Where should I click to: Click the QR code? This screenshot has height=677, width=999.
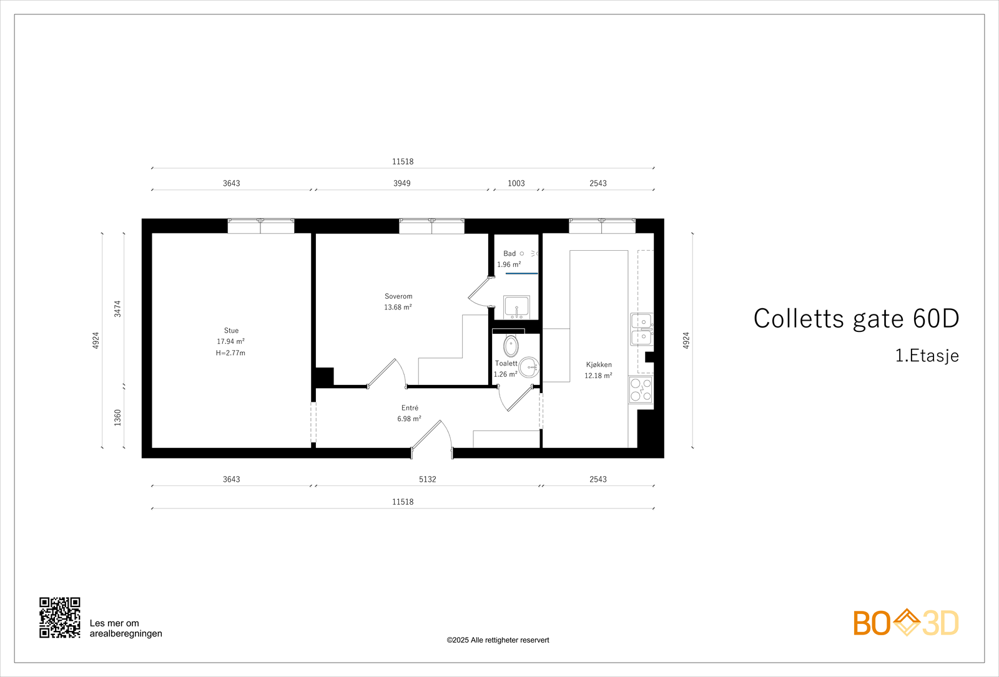60,618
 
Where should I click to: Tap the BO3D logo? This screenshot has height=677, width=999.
905,623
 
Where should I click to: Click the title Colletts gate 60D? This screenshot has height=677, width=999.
855,318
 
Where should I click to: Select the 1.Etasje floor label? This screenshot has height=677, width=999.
927,356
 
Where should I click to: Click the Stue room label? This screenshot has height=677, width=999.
231,331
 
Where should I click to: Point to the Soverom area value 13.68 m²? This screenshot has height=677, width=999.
398,308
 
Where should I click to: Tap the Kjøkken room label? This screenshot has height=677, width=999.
599,364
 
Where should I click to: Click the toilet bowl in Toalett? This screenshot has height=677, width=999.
511,345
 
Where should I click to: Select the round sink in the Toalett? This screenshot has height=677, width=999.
529,367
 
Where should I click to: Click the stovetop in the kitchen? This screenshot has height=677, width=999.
641,389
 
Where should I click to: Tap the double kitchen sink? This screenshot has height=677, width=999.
641,329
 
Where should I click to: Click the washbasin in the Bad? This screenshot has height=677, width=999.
516,307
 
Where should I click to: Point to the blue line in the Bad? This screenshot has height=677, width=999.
522,273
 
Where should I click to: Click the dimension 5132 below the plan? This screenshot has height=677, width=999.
428,479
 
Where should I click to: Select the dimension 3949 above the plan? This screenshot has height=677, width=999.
401,183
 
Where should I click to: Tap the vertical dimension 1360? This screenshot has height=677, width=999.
117,417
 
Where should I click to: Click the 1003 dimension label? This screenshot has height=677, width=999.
516,183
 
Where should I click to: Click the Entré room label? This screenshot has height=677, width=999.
410,408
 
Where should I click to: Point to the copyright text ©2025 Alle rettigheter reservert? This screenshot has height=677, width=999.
498,640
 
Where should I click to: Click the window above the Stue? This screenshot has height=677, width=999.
261,226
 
